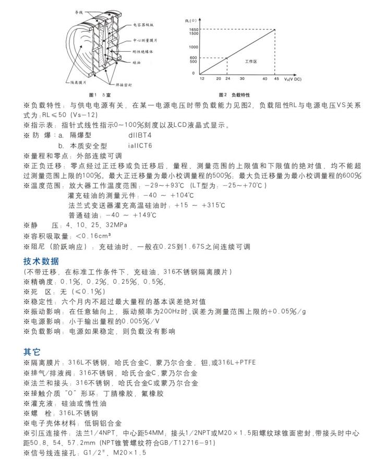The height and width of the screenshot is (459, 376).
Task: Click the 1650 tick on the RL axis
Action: coord(193,29)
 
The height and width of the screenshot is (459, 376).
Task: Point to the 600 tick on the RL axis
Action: coord(193,57)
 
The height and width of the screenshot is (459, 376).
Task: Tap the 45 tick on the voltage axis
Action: coord(276,79)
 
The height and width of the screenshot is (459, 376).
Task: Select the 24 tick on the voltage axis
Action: coord(227,79)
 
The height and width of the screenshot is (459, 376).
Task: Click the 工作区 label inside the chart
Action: coord(251,62)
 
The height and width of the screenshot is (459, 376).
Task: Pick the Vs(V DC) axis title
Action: coord(295,79)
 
